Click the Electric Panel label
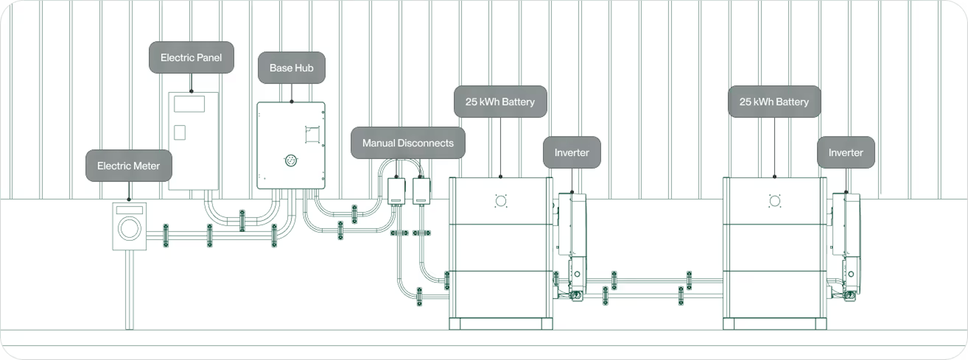(x=191, y=57)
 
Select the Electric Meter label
(x=129, y=166)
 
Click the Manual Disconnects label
(x=408, y=143)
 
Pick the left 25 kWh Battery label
(x=500, y=102)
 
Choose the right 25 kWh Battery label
(x=774, y=102)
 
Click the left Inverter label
(x=571, y=152)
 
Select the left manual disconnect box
(x=396, y=191)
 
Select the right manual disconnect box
(x=421, y=191)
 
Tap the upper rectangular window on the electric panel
(x=189, y=104)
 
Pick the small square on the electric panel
(x=180, y=132)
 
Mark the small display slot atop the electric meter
(x=129, y=210)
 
